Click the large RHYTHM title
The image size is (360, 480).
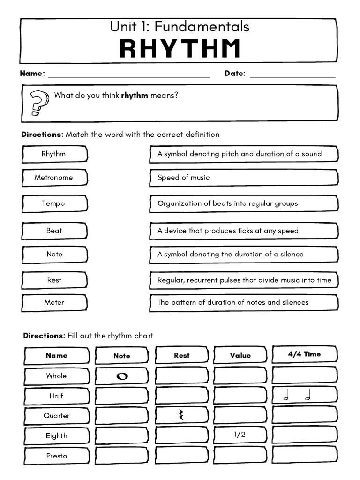(180, 49)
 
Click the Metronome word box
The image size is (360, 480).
(54, 178)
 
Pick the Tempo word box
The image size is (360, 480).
(54, 203)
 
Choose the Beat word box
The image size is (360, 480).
(54, 231)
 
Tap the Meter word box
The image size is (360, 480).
(54, 302)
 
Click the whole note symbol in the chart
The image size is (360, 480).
(122, 376)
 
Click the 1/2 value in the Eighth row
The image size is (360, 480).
(240, 435)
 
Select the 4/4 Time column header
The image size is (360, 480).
(304, 354)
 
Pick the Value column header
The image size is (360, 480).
(240, 355)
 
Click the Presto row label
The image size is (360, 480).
(56, 456)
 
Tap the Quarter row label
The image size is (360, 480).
(56, 415)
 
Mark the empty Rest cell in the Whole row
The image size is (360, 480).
(181, 375)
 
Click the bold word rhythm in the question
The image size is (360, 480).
(135, 95)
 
